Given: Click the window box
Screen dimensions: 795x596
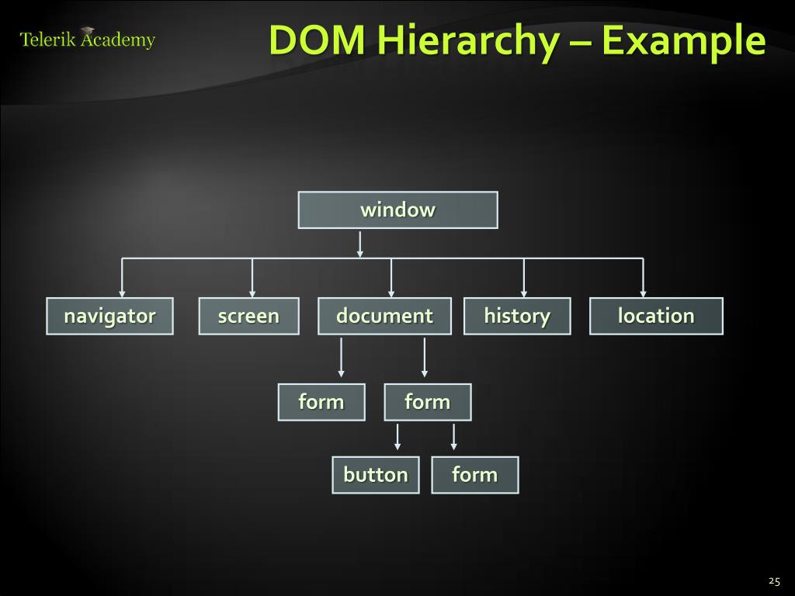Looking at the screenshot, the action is click(397, 210).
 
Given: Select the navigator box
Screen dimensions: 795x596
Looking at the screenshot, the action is click(109, 316).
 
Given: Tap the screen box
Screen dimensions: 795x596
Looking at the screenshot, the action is click(248, 316).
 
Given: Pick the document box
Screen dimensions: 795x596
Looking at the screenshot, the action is click(384, 316).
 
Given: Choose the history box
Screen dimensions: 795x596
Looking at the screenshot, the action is click(517, 316).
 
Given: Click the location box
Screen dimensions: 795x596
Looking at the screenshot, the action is click(656, 316).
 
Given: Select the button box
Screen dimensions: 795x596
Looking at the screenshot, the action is click(376, 474).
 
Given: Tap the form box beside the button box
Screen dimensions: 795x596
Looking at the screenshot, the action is click(474, 474).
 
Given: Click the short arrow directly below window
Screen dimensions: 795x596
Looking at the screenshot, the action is click(359, 244).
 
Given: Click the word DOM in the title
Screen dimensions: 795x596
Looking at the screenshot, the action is click(317, 40).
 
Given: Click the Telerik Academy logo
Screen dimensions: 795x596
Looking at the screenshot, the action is click(88, 39).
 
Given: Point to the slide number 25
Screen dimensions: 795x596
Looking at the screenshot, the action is click(773, 580).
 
